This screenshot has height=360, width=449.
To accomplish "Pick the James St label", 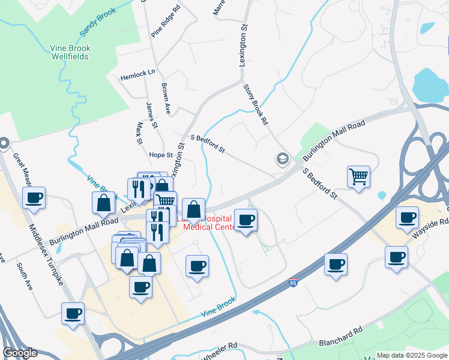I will coord(151,115).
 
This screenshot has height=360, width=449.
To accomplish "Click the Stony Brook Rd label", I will coord(255,104).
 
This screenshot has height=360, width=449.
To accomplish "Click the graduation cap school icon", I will coord(282,159).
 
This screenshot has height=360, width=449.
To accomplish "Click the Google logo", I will coord(20,353).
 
